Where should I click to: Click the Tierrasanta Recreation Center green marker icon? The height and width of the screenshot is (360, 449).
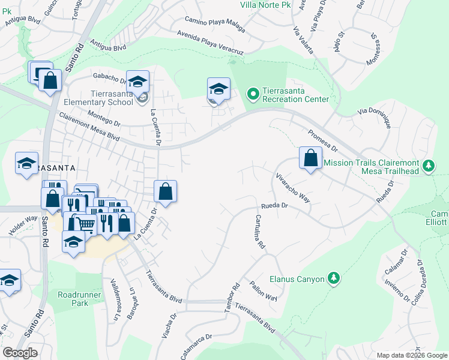(253, 94)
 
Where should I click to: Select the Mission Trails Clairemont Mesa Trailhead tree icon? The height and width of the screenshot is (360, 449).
(428, 165)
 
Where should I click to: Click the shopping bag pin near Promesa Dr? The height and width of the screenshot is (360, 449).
(310, 159)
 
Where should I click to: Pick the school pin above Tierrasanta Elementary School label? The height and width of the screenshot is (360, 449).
(138, 82)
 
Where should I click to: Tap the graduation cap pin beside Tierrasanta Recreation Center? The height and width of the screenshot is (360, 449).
(218, 89)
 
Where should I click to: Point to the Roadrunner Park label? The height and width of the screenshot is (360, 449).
(73, 299)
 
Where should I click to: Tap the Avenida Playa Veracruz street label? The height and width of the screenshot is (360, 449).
(209, 43)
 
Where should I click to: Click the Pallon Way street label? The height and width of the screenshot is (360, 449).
(264, 290)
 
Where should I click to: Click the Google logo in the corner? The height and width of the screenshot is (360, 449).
(19, 353)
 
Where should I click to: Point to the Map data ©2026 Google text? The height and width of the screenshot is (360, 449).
(412, 355)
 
